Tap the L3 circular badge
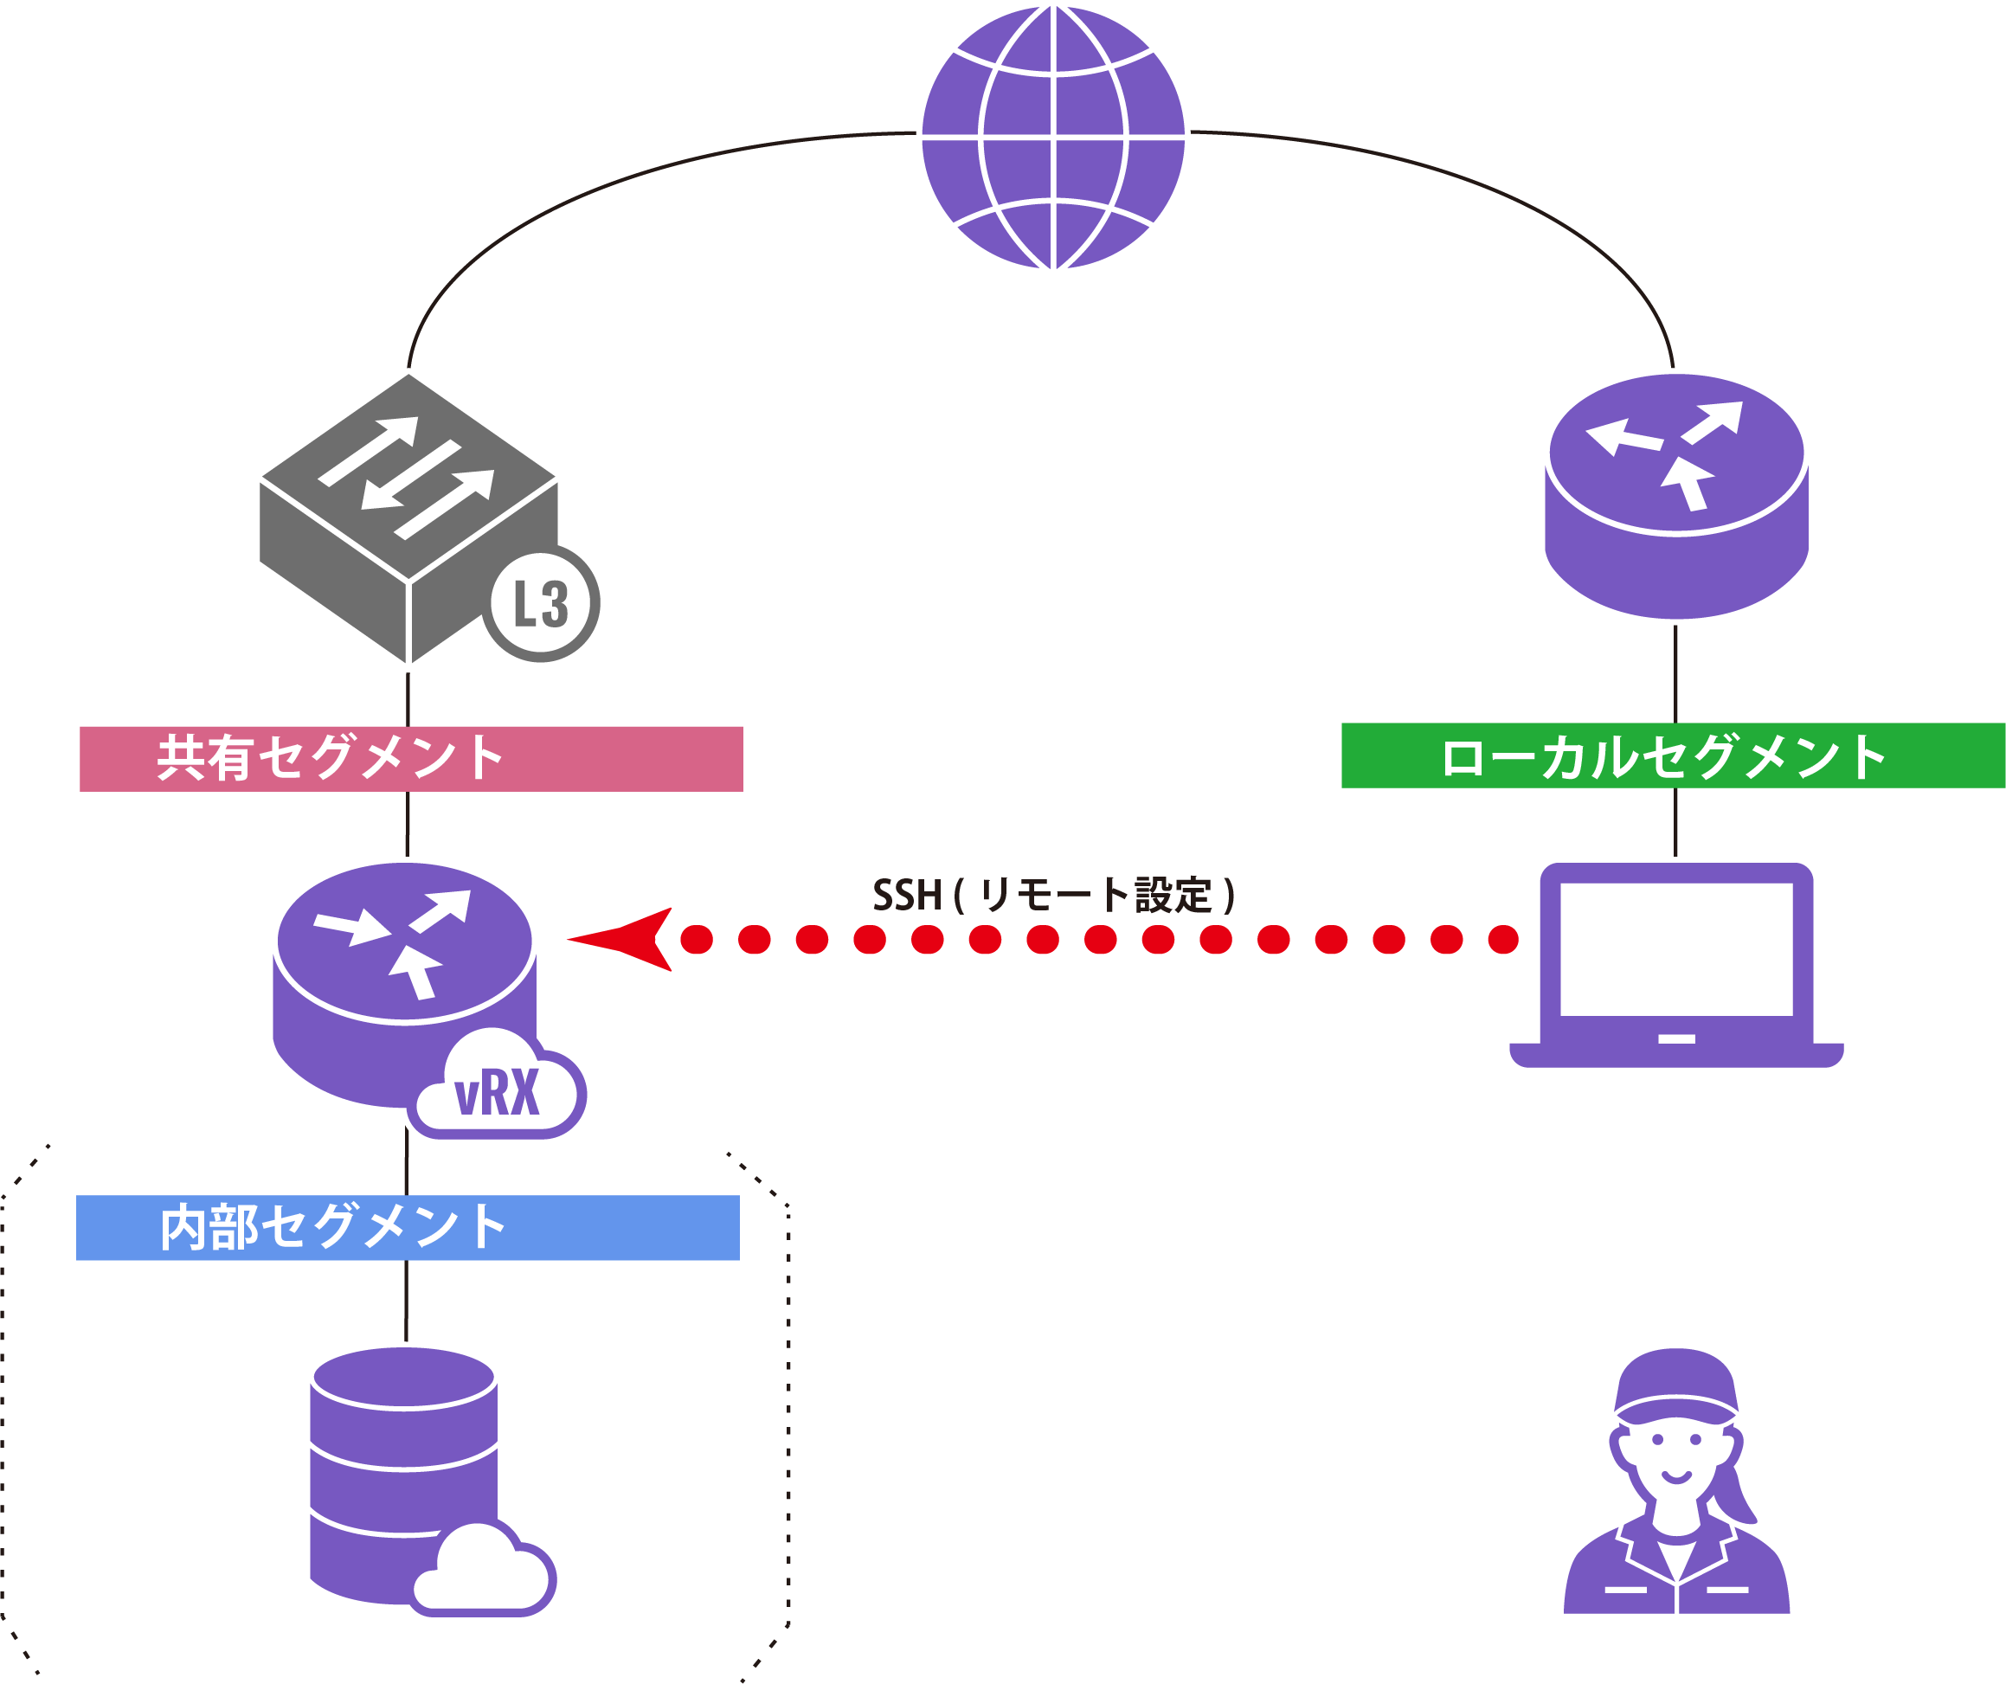[x=541, y=604]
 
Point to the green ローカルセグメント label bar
[x=1672, y=755]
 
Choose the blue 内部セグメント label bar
[x=408, y=1227]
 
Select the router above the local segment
[x=1676, y=497]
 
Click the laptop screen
[x=1676, y=949]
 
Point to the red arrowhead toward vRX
[x=626, y=939]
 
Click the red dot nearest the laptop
[x=1502, y=939]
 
